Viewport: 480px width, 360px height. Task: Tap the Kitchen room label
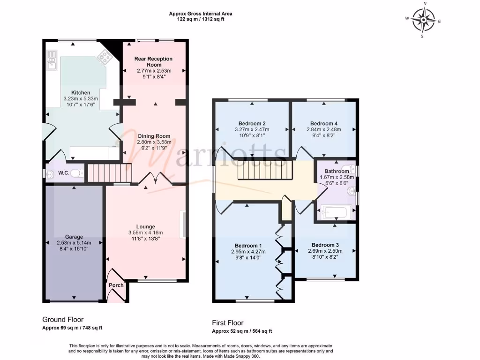81,93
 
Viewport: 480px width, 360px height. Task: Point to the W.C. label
64,173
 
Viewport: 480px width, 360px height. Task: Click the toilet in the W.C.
79,173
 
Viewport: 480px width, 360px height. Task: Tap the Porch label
116,285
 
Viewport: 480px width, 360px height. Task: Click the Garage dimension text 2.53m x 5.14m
74,243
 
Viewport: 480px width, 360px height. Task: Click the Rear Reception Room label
153,62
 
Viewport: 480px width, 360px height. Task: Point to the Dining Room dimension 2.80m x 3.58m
154,142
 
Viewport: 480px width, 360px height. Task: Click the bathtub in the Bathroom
337,213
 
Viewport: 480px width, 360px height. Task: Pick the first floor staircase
265,170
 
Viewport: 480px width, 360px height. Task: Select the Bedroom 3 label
325,245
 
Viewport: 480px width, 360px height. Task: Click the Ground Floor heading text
63,320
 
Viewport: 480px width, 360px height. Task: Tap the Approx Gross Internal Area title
201,14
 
